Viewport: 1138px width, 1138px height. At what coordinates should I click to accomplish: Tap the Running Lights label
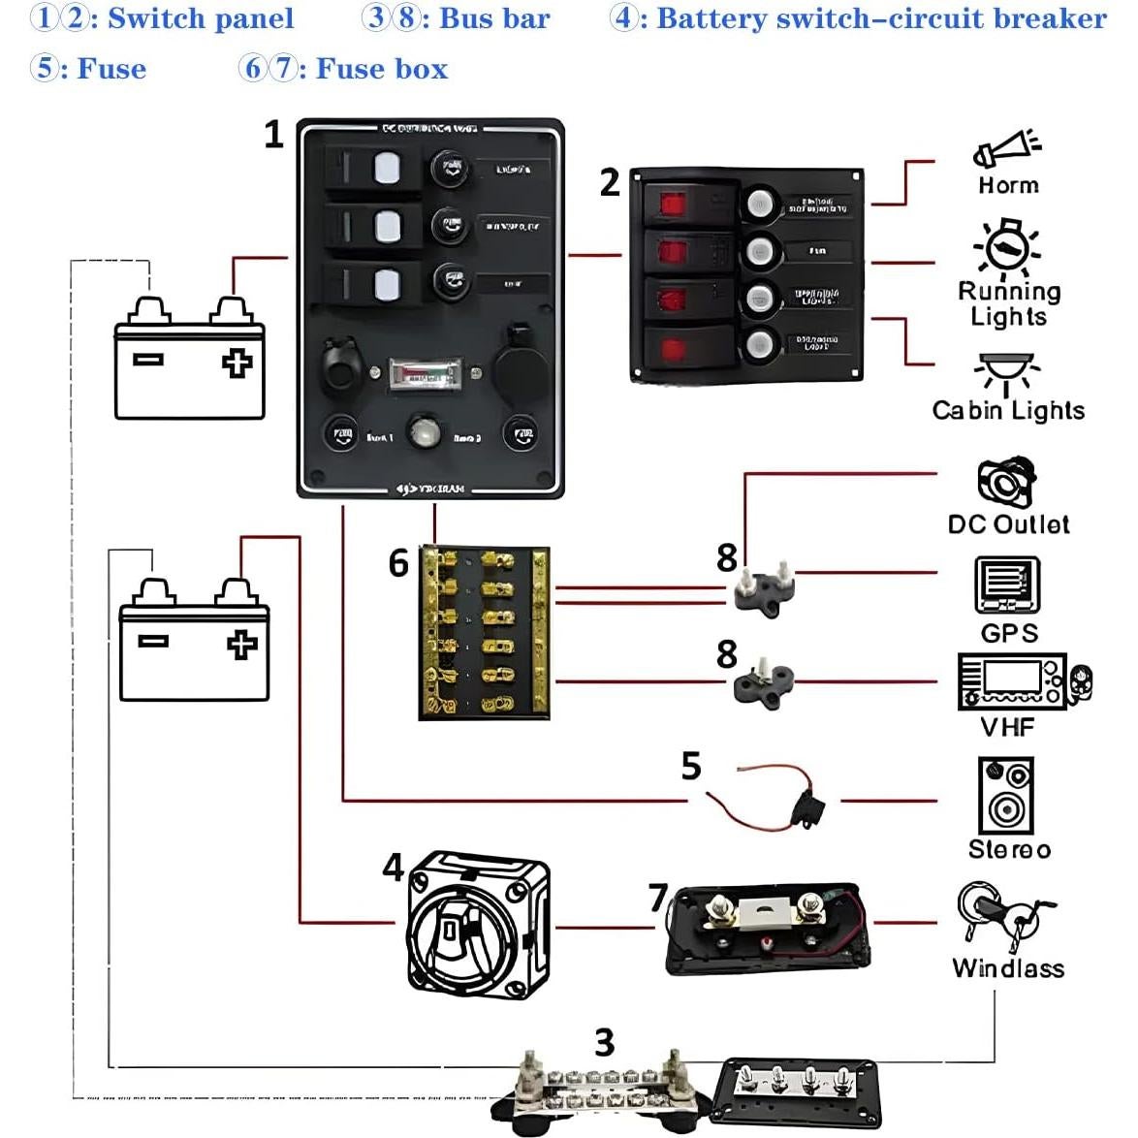click(x=1008, y=303)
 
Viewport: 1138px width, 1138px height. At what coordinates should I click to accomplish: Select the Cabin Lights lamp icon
click(x=1007, y=374)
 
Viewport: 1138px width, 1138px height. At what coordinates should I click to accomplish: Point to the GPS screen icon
click(x=1007, y=585)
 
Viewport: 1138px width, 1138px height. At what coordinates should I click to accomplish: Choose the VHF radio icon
click(x=1024, y=682)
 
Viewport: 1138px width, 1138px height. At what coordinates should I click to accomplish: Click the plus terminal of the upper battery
click(x=237, y=363)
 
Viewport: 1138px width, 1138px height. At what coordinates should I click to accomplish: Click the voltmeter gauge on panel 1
click(x=427, y=374)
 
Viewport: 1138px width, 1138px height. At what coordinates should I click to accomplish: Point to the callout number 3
click(x=604, y=1042)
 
